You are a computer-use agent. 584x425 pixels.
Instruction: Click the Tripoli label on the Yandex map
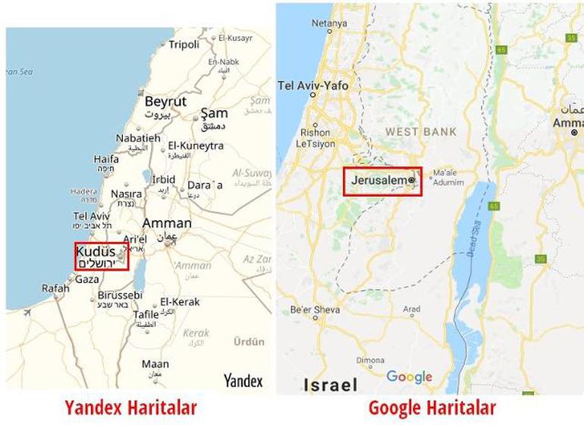184,45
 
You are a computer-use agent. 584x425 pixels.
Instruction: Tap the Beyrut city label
165,102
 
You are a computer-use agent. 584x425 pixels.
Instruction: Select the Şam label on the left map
214,114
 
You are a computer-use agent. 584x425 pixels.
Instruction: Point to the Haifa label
106,160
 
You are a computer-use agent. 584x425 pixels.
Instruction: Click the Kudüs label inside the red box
96,251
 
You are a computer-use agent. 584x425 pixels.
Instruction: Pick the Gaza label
86,279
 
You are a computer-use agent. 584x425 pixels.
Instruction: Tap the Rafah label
55,288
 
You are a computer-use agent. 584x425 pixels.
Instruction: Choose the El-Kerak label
180,302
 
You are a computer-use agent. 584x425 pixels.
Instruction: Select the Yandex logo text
243,380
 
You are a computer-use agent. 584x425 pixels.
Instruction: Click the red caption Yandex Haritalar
130,408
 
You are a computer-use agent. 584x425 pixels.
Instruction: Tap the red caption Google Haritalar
432,408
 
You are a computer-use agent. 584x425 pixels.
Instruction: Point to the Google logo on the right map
409,377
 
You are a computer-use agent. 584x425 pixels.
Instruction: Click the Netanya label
328,24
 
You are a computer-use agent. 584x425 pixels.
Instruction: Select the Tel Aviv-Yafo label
313,86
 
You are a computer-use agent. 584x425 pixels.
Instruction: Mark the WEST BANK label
421,132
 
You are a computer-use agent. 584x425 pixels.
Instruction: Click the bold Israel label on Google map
330,385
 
